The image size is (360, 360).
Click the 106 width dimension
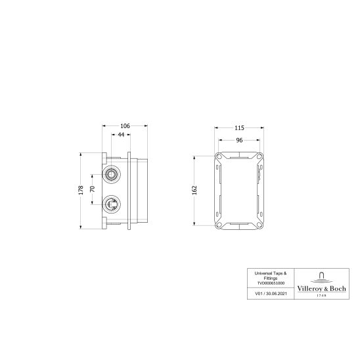tap(125, 126)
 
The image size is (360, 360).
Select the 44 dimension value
tap(120, 135)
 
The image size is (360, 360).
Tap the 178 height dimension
tap(81, 190)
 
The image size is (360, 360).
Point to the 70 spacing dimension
tap(93, 190)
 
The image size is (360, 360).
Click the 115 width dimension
tap(239, 128)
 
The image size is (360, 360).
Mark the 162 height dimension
tap(194, 190)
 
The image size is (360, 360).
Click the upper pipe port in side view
tap(113, 175)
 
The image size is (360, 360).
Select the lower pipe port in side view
tap(113, 204)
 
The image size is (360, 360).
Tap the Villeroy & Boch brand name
tap(321, 287)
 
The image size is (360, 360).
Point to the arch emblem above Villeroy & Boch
tap(321, 275)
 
